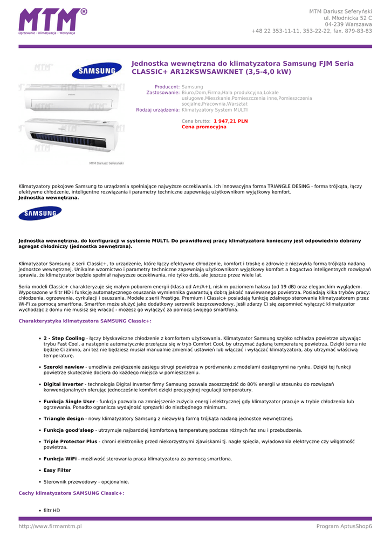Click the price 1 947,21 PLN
pyautogui.click(x=230, y=121)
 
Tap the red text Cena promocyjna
pyautogui.click(x=204, y=127)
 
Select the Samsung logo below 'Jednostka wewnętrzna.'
pyautogui.click(x=40, y=214)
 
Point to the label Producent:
pyautogui.click(x=167, y=87)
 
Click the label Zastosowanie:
pyautogui.click(x=163, y=93)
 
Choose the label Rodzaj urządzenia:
pyautogui.click(x=157, y=109)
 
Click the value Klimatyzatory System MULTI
pyautogui.click(x=215, y=109)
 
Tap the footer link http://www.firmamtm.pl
pyautogui.click(x=50, y=526)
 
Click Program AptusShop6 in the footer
pyautogui.click(x=344, y=526)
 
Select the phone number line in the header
pyautogui.click(x=311, y=31)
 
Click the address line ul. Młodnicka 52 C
pyautogui.click(x=347, y=18)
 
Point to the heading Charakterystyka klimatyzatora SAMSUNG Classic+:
pyautogui.click(x=85, y=321)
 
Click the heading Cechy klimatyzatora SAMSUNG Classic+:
pyautogui.click(x=71, y=493)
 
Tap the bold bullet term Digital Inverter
pyautogui.click(x=64, y=384)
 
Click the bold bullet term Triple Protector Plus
pyautogui.click(x=70, y=441)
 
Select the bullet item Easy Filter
pyautogui.click(x=57, y=470)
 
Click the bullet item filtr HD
pyautogui.click(x=52, y=510)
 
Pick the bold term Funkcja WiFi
pyautogui.click(x=60, y=459)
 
